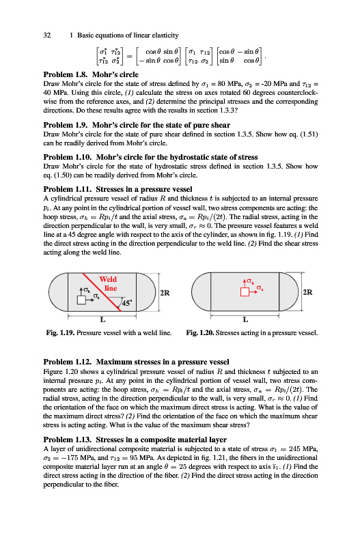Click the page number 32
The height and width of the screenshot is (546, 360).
[x=47, y=35]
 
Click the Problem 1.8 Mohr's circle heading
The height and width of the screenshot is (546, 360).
[x=91, y=74]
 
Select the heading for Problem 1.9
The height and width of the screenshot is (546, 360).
[x=137, y=125]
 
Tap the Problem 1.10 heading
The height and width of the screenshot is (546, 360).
[x=150, y=157]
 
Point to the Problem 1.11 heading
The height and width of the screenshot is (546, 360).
[x=117, y=189]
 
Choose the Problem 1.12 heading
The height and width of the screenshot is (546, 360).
[x=136, y=362]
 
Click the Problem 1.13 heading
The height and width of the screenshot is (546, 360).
[x=135, y=440]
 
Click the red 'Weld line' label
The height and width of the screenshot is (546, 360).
[x=109, y=284]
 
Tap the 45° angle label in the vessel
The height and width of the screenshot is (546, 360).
[x=126, y=302]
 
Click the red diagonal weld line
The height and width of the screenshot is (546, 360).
[x=102, y=292]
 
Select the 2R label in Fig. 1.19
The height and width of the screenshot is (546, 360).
[x=165, y=293]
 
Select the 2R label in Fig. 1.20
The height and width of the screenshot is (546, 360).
[x=307, y=292]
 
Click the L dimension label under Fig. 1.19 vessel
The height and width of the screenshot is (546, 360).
[x=102, y=319]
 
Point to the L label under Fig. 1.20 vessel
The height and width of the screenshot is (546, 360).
[x=246, y=319]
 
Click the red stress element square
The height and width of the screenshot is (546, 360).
[x=245, y=292]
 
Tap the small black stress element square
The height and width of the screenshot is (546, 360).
[x=81, y=300]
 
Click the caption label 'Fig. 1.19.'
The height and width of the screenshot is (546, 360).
[x=60, y=332]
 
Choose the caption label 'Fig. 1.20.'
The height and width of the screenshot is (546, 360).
[x=200, y=332]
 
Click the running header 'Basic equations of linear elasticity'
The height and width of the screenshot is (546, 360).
[x=128, y=35]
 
